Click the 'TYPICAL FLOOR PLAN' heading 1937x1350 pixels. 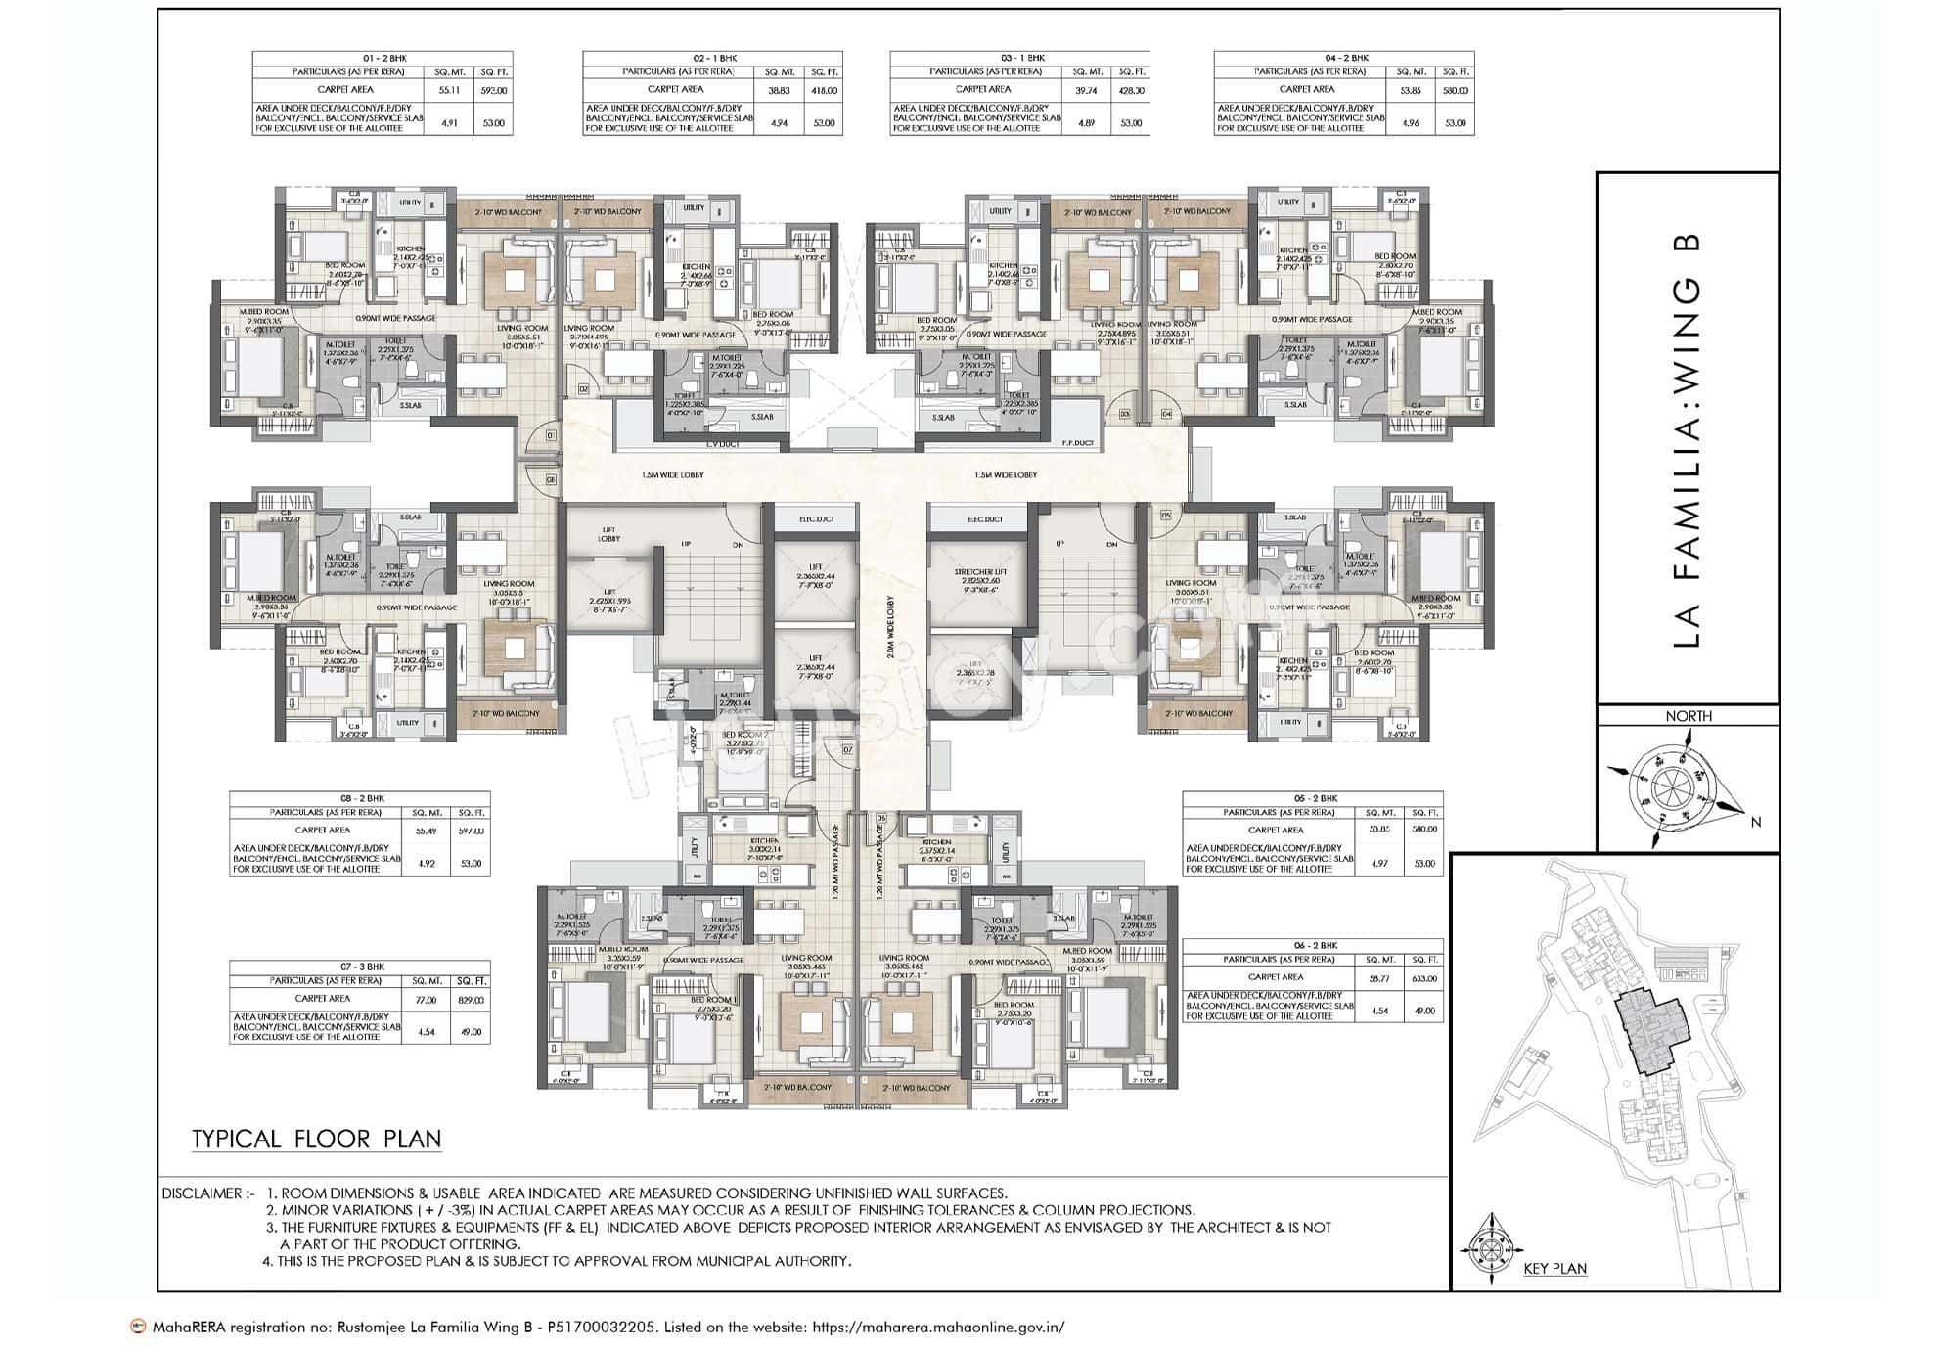click(316, 1139)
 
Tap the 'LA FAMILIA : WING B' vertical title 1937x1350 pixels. click(1688, 440)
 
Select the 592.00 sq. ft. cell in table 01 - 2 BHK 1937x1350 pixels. click(493, 90)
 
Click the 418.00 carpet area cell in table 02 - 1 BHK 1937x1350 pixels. click(824, 90)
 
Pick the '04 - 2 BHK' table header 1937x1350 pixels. click(1344, 58)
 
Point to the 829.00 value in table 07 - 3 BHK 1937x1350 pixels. click(471, 1000)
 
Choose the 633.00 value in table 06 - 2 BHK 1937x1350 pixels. click(1424, 977)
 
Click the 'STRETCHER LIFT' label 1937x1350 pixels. click(979, 572)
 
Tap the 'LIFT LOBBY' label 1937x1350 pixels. click(609, 534)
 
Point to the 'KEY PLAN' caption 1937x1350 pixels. click(1554, 1269)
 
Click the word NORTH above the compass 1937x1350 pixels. click(1689, 716)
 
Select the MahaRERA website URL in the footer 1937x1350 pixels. click(938, 1327)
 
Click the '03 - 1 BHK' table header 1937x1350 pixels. click(1022, 58)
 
